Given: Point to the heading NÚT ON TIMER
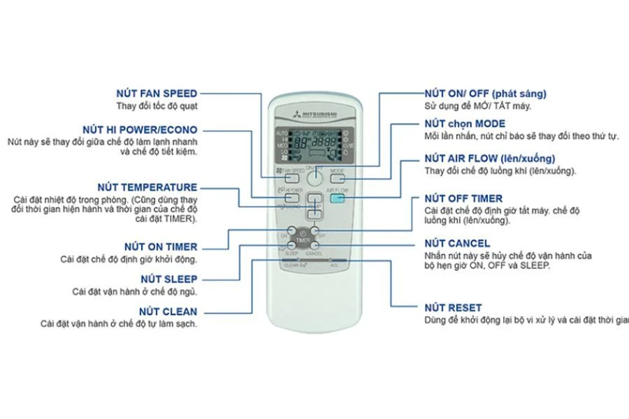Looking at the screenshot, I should click(x=161, y=247).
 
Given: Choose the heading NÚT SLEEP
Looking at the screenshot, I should click(x=169, y=279).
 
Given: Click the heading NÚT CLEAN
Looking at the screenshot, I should click(x=168, y=311).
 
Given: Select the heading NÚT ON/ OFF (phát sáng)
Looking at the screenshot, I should click(x=486, y=93).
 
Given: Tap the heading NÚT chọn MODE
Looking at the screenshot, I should click(x=466, y=124).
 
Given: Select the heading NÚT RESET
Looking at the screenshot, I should click(x=453, y=307).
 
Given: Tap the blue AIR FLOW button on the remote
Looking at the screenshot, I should click(x=338, y=198).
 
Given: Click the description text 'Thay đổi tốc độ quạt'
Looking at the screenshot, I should click(x=157, y=106).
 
